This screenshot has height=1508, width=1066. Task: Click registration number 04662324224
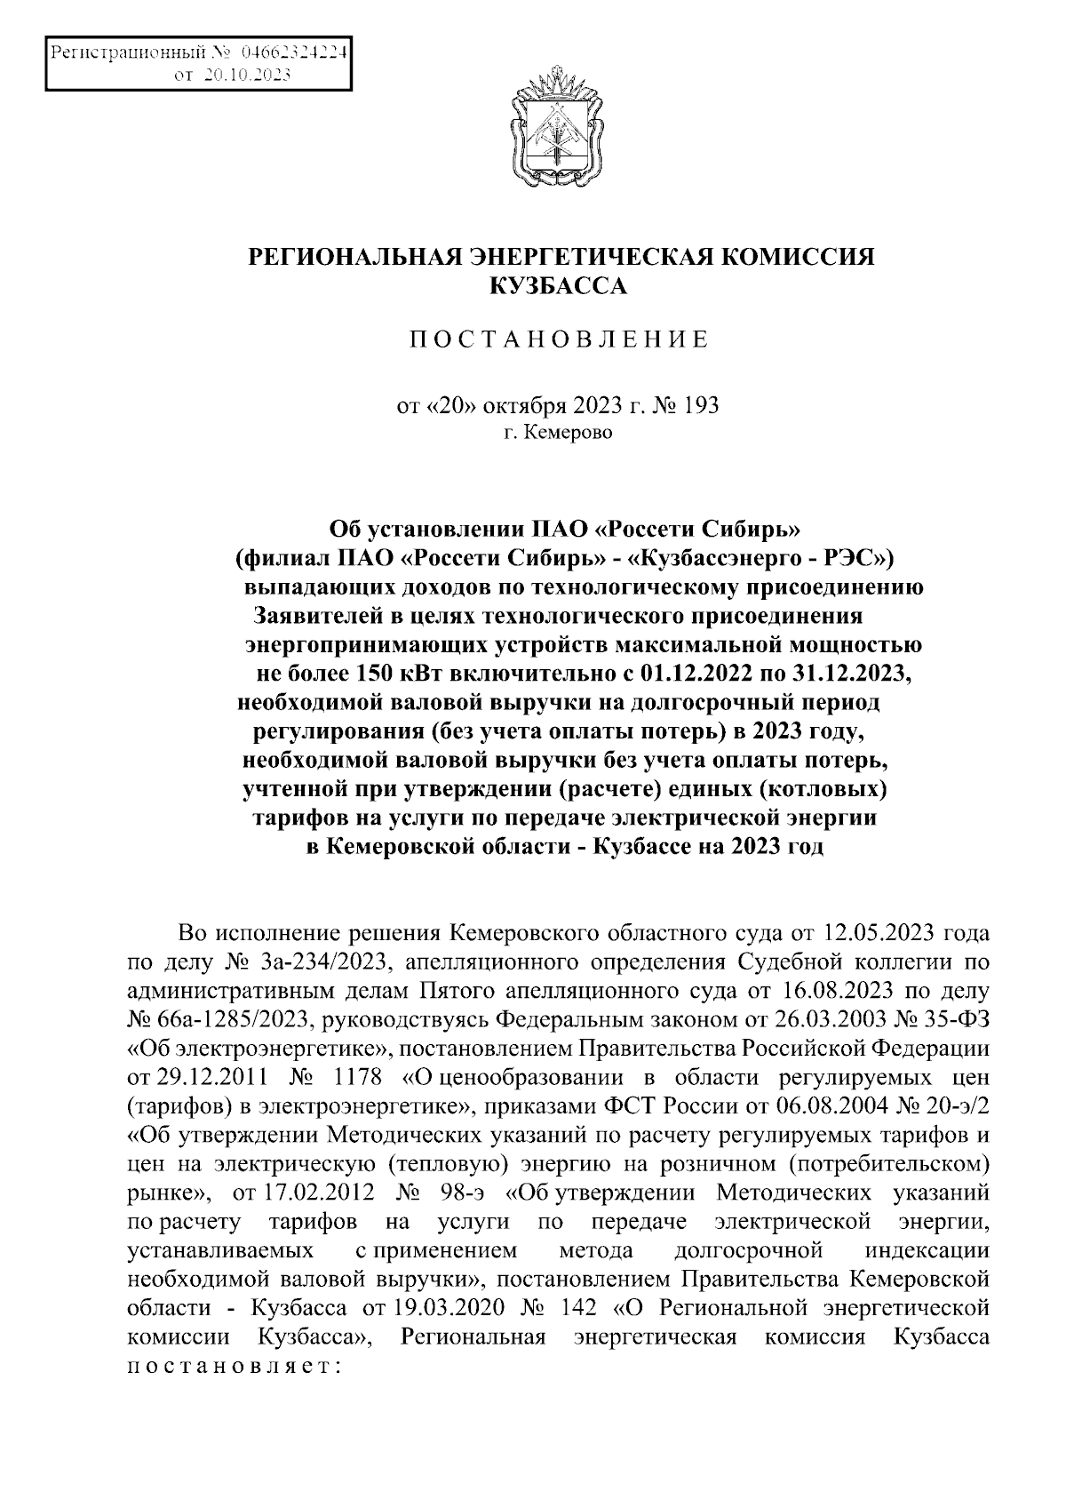coord(292,52)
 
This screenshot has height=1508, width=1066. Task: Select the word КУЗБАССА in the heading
coord(560,285)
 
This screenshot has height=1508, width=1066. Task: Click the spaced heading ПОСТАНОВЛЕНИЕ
coord(559,340)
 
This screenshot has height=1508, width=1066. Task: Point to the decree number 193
coord(701,406)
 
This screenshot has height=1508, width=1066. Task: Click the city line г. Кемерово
coord(558,434)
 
